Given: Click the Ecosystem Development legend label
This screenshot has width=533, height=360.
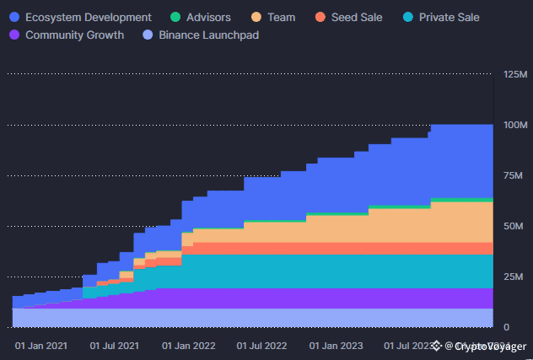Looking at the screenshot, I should pos(89,17).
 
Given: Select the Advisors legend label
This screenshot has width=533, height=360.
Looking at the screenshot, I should pos(207,17).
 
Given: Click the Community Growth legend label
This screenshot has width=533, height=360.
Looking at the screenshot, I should pos(74,35).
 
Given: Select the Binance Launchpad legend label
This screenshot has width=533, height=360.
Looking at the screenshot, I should pos(209,35).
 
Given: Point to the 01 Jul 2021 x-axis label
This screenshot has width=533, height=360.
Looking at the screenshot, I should pos(115,346).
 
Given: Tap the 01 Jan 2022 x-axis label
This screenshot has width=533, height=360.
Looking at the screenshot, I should pos(188,346).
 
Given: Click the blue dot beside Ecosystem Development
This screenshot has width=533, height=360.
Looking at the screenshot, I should pos(14,17).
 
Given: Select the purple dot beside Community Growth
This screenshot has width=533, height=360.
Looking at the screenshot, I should pos(14,35).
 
